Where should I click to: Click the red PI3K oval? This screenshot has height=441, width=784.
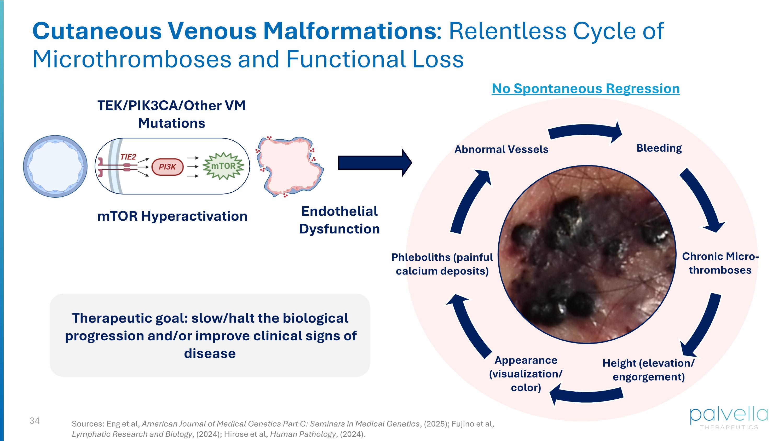(168, 167)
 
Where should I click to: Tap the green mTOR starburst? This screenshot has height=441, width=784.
(224, 166)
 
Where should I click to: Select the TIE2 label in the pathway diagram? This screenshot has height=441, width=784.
(128, 157)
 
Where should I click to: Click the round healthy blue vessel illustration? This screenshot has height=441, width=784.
(55, 167)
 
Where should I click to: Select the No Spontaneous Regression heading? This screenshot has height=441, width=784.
(586, 89)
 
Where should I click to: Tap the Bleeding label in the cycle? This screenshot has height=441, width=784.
(659, 148)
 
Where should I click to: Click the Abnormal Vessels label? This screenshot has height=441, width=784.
(501, 150)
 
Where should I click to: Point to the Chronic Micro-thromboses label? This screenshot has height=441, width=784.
(720, 263)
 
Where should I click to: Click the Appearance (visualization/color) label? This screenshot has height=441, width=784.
(526, 374)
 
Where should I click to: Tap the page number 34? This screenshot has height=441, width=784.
(34, 421)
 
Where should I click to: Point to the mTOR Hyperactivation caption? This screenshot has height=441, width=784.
(172, 216)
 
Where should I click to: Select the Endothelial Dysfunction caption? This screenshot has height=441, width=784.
(339, 220)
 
